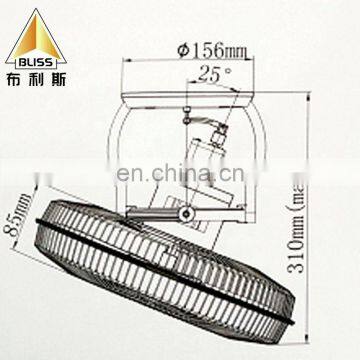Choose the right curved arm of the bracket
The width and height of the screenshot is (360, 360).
pyautogui.click(x=270, y=160)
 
